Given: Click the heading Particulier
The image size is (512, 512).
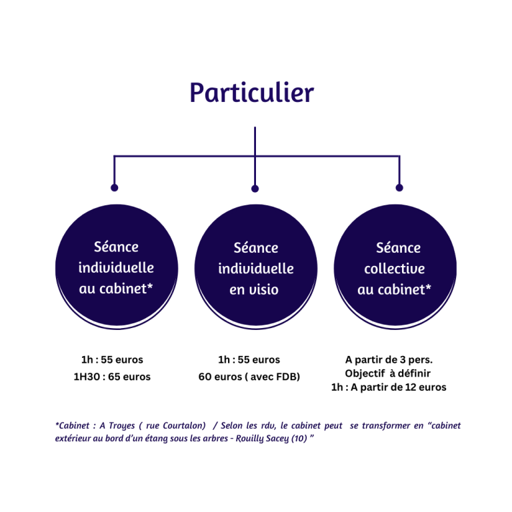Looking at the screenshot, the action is [252, 93].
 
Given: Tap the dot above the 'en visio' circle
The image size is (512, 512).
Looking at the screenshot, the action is [255, 189].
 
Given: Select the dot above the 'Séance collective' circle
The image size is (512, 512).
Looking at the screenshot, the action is [399, 188].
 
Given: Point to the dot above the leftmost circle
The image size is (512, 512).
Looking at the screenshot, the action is [114, 188].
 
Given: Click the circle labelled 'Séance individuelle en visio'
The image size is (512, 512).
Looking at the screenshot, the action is [256, 267].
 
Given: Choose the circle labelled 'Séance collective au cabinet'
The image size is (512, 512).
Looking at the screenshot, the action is [395, 267].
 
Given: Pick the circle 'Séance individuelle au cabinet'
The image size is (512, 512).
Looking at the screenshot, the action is [117, 267].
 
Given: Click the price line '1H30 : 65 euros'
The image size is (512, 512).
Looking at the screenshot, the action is [112, 377].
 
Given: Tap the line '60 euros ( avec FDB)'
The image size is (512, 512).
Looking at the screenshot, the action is [249, 377].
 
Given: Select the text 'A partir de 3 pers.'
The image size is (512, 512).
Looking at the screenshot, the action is [389, 360].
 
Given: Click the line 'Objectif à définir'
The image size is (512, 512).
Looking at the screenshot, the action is [387, 373].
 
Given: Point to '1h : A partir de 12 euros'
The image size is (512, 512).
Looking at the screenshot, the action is [389, 387].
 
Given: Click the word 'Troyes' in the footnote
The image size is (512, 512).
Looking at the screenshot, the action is [121, 426].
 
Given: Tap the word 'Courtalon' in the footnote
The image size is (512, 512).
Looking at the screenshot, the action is [184, 426].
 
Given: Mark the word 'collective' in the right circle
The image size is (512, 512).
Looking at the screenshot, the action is [395, 269].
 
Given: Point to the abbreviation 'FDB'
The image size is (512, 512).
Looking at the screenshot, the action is [287, 377].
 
